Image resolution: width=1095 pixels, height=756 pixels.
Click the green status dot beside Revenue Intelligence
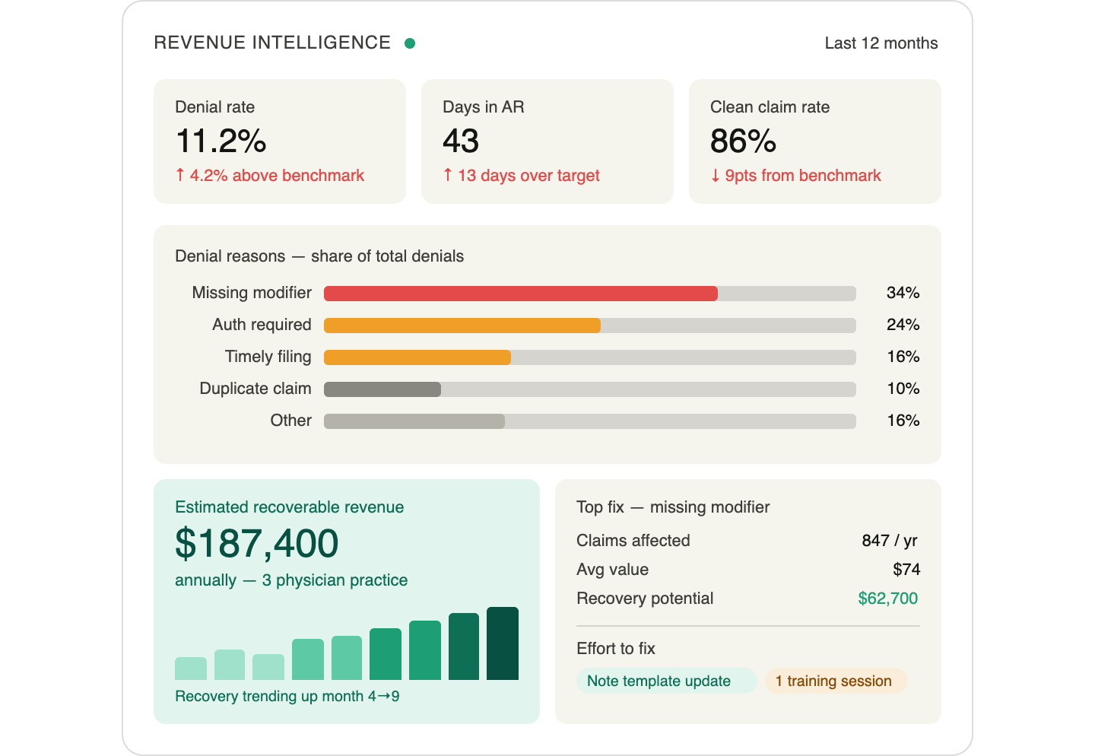pos(410,43)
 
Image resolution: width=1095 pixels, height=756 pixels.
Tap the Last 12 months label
pos(881,43)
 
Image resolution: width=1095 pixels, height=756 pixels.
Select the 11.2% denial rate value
pos(221,141)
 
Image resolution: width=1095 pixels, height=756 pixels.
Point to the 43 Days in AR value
pos(461,141)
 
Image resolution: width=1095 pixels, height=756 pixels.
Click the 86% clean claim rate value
pos(743,141)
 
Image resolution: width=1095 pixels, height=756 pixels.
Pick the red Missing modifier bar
pos(520,294)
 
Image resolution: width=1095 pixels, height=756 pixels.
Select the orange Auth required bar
pos(462,326)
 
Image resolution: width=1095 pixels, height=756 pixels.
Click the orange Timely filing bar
pos(417,357)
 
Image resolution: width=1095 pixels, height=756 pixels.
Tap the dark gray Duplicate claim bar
pos(382,389)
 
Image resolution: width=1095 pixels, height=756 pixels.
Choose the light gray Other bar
pos(414,421)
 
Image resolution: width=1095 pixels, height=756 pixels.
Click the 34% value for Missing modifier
pos(903,293)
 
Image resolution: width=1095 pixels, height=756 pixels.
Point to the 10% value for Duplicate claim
pos(903,389)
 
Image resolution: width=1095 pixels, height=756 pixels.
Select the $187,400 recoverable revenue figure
pos(257,544)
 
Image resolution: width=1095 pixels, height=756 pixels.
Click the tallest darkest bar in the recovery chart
pos(502,643)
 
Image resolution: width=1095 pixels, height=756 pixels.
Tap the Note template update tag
pos(659,681)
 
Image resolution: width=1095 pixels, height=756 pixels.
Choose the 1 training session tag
pos(833,681)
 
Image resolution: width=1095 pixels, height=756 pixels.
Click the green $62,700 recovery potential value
pos(887,599)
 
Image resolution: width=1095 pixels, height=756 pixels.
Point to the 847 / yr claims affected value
pos(889,541)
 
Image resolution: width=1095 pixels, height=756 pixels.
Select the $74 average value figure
pos(906,570)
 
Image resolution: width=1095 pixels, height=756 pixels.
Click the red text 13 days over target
pos(528,176)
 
